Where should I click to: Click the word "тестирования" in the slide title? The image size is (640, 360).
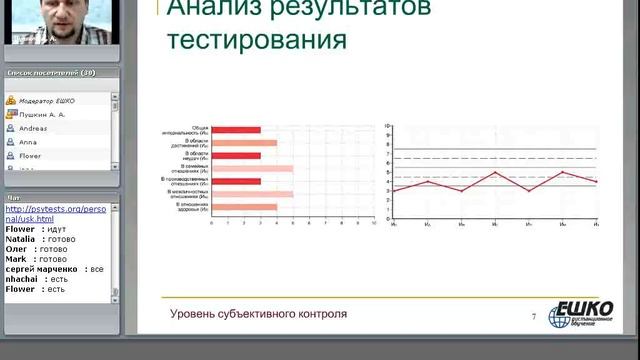tap(257, 43)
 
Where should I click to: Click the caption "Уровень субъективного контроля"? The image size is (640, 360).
tap(258, 313)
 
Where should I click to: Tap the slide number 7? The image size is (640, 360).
tap(534, 316)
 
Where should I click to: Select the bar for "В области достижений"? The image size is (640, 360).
tap(244, 143)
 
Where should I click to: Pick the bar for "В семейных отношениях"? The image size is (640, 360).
tap(252, 168)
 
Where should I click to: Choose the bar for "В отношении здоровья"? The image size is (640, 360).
tap(244, 207)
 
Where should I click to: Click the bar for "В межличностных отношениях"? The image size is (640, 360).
tap(252, 194)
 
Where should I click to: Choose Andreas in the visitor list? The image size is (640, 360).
tap(36, 128)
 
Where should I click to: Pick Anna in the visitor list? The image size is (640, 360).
tap(29, 142)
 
